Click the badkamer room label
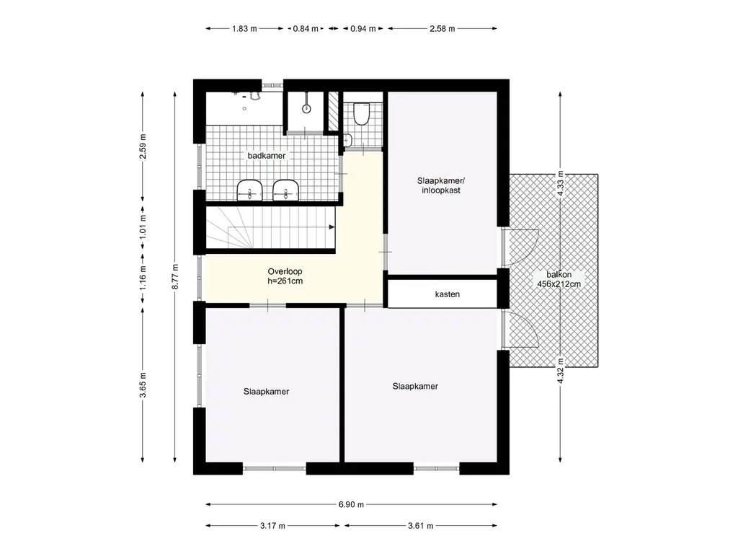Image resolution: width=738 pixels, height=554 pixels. tap(267, 156)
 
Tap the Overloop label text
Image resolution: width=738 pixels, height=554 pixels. tap(285, 271)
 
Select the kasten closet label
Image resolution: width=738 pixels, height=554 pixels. tap(447, 294)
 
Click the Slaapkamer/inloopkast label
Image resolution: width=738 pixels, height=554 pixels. tap(442, 185)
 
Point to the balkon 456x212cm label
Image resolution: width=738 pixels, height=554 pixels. tap(559, 279)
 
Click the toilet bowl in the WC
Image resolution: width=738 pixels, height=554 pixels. tap(362, 113)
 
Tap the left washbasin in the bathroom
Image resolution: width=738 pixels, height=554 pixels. tap(249, 190)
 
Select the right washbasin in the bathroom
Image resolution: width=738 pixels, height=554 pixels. tap(285, 190)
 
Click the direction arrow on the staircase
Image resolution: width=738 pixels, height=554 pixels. tap(332, 227)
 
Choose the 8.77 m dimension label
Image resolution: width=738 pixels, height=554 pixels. tap(175, 277)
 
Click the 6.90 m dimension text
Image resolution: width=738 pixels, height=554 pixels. tap(351, 504)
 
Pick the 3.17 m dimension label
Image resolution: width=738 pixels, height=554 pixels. tap(272, 526)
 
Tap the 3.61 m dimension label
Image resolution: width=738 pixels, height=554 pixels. tap(420, 526)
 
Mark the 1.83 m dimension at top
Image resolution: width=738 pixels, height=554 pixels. tap(244, 29)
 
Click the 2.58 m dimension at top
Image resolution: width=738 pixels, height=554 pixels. tap(442, 29)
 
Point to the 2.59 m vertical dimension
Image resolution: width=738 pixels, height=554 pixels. tap(143, 146)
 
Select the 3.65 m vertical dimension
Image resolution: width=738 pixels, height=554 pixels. tap(143, 385)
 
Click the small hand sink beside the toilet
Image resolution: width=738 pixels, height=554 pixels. tap(347, 140)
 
